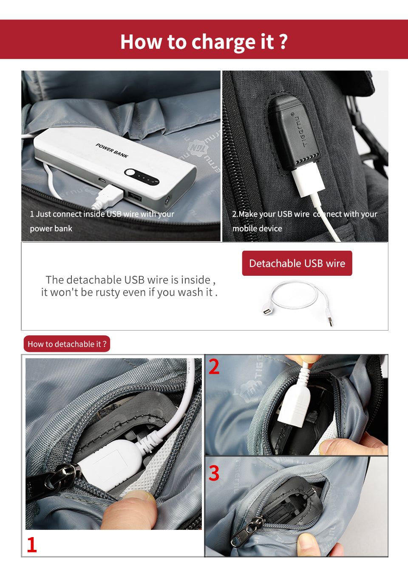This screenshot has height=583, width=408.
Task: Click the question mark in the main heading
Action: pyautogui.click(x=283, y=41)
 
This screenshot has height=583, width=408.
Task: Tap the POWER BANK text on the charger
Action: pyautogui.click(x=112, y=150)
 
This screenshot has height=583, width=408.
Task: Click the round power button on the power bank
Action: pyautogui.click(x=129, y=172)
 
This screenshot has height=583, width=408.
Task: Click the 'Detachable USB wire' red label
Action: pyautogui.click(x=297, y=263)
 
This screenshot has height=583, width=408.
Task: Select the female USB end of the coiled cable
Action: pyautogui.click(x=267, y=311)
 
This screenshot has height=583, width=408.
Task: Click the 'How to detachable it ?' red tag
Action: pyautogui.click(x=67, y=344)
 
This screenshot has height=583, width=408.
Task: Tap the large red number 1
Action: pyautogui.click(x=32, y=544)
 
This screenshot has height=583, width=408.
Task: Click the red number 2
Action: pyautogui.click(x=214, y=366)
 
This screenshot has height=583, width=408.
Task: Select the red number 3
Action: pyautogui.click(x=214, y=473)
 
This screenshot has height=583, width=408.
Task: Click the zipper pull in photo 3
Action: pyautogui.click(x=247, y=532)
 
